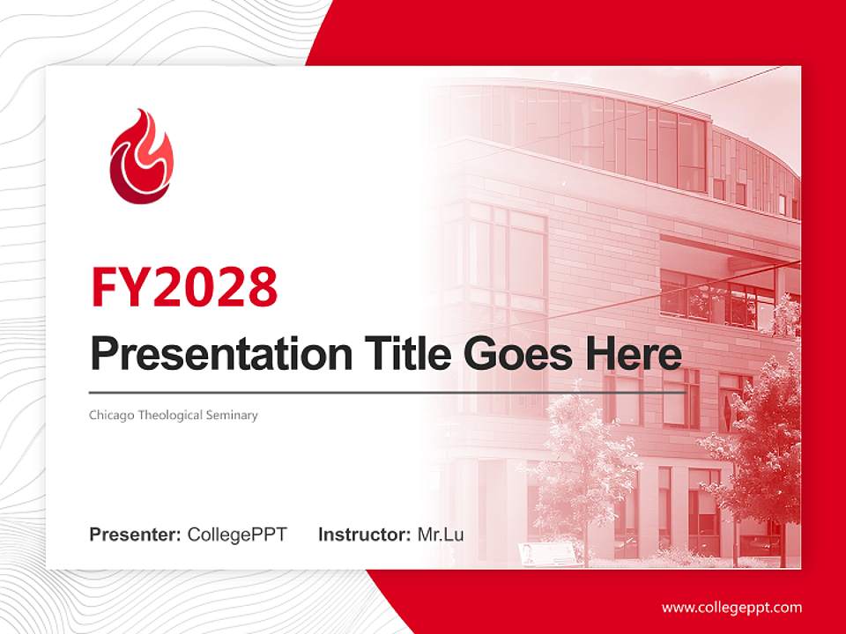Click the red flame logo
click(x=141, y=157)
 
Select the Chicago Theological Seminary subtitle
click(x=173, y=415)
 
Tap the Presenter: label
click(x=135, y=534)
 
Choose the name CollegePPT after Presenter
click(x=237, y=534)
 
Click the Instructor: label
click(x=364, y=534)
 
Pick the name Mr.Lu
click(x=441, y=534)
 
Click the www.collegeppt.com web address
click(x=731, y=608)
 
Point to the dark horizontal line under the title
click(x=388, y=392)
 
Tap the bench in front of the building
click(x=546, y=553)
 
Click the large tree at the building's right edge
click(x=758, y=440)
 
